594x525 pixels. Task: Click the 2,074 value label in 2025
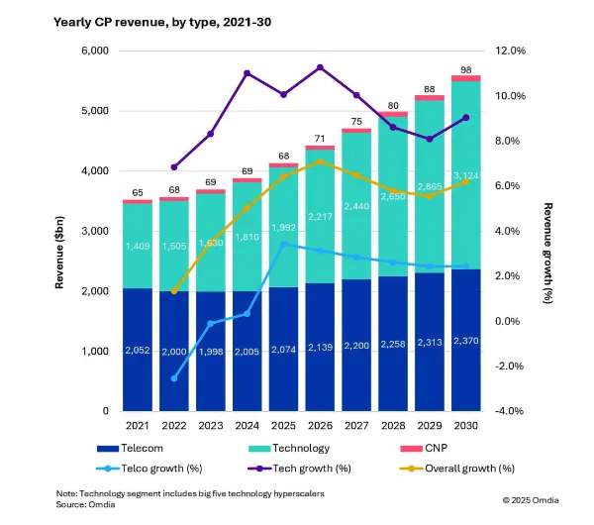(283, 351)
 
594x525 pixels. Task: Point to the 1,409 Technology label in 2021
(138, 248)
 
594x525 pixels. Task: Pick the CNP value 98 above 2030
(465, 68)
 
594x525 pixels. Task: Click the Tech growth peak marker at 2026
(320, 67)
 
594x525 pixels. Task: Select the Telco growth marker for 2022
(174, 378)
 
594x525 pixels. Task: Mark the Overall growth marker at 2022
(174, 291)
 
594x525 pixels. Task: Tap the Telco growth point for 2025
(283, 244)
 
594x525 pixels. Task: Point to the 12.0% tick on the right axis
(511, 51)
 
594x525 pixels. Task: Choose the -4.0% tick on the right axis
(511, 411)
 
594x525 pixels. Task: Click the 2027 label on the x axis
(355, 426)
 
